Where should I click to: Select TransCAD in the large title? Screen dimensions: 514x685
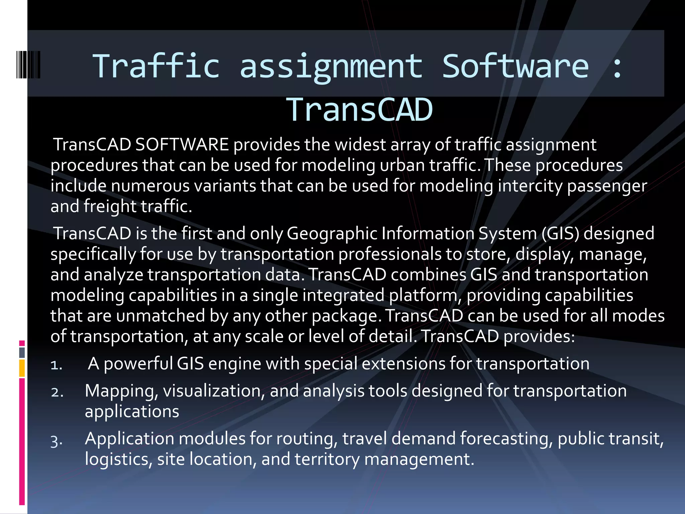pyautogui.click(x=360, y=110)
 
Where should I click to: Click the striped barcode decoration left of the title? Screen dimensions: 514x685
pyautogui.click(x=28, y=65)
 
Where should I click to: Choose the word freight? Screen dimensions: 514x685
pyautogui.click(x=110, y=206)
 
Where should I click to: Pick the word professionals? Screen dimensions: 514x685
pyautogui.click(x=390, y=254)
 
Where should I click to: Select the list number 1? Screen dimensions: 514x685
pyautogui.click(x=56, y=365)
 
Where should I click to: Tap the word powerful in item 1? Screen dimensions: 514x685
pyautogui.click(x=138, y=364)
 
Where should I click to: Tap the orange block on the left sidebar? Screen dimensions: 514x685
pyautogui.click(x=22, y=368)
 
